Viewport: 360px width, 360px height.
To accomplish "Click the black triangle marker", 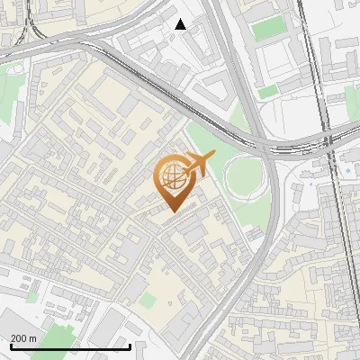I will point(181,24).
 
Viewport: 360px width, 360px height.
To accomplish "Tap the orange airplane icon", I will point(197,165).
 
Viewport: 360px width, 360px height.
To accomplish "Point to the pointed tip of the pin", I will point(171,211).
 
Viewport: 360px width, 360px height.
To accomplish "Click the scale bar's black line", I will point(70,346).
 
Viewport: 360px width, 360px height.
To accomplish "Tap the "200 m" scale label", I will point(24,338).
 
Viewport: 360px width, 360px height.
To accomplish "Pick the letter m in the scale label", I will point(33,338).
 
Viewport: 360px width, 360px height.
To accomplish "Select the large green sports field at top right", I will point(267,29).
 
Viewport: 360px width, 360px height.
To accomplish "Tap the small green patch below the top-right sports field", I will point(268,92).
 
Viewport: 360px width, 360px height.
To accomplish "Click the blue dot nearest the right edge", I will point(347,170).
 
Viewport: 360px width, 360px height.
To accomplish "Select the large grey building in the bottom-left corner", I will point(18,324).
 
